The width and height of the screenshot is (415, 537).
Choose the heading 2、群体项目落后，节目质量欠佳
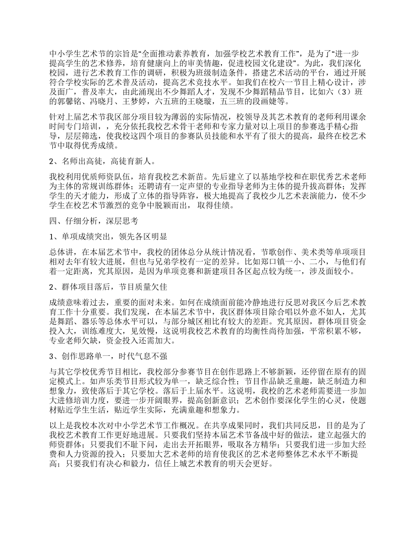(x=108, y=287)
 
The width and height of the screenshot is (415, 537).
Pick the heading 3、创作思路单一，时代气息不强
(x=108, y=357)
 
